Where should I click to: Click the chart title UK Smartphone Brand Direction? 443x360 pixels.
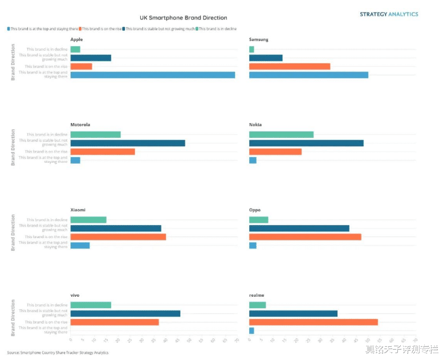point(183,18)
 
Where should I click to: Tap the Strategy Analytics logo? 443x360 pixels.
point(388,14)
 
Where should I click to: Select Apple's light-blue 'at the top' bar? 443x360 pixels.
point(152,75)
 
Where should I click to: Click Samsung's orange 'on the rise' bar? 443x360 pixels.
point(290,66)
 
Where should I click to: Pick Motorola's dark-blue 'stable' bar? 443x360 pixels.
point(128,143)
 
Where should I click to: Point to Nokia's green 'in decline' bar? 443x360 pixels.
point(281,134)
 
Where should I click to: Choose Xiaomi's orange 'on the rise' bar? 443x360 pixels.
point(118,237)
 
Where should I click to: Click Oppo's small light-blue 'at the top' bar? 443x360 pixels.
point(253,246)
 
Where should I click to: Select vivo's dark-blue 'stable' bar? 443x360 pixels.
point(125,313)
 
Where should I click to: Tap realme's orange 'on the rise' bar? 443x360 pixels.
point(313,322)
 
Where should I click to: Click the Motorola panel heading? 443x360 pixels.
point(80,125)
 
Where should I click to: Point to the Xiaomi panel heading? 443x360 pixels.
point(78,210)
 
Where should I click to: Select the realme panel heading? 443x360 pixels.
point(257,295)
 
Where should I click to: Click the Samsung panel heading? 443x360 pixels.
point(258,39)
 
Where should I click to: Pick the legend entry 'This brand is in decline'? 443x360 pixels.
point(217,28)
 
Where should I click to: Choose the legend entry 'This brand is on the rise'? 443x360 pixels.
point(101,28)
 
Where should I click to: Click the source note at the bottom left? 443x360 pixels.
point(58,353)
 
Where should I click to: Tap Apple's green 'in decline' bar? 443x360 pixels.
point(75,50)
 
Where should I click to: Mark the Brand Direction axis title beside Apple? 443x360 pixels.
point(13,63)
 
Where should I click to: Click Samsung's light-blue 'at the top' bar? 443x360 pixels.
point(308,75)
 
